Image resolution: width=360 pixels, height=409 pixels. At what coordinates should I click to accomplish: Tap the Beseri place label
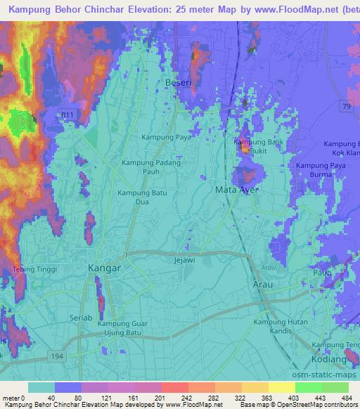pyautogui.click(x=177, y=82)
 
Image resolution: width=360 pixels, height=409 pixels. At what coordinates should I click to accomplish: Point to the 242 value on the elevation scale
pyautogui.click(x=184, y=398)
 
